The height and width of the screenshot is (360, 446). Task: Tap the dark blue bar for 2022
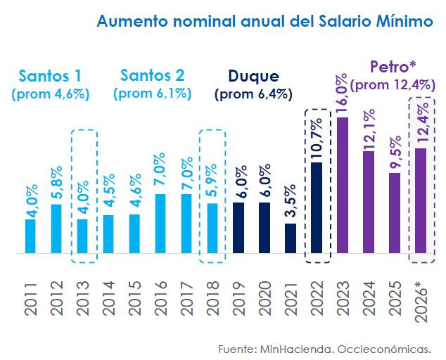(317, 207)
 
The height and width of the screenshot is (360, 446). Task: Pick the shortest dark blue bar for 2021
(291, 238)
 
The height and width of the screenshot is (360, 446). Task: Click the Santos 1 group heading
(46, 75)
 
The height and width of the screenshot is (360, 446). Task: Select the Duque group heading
(254, 76)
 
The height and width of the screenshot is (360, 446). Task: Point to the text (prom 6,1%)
(152, 94)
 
